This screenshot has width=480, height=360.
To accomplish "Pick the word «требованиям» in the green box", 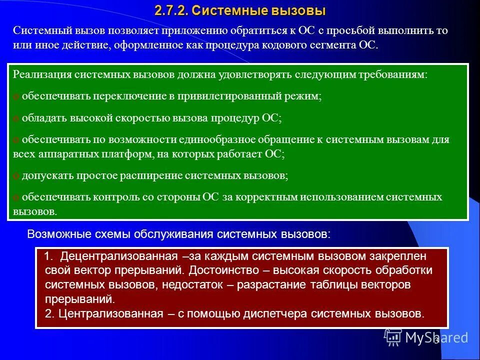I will click(x=397, y=75).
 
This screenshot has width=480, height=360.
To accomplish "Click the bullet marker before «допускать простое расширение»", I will click(x=15, y=176).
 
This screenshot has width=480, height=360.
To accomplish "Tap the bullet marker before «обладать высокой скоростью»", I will click(x=15, y=118).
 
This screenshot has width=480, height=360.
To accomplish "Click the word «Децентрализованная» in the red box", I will click(x=119, y=257).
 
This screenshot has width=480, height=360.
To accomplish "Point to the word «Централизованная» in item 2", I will click(x=110, y=314).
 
